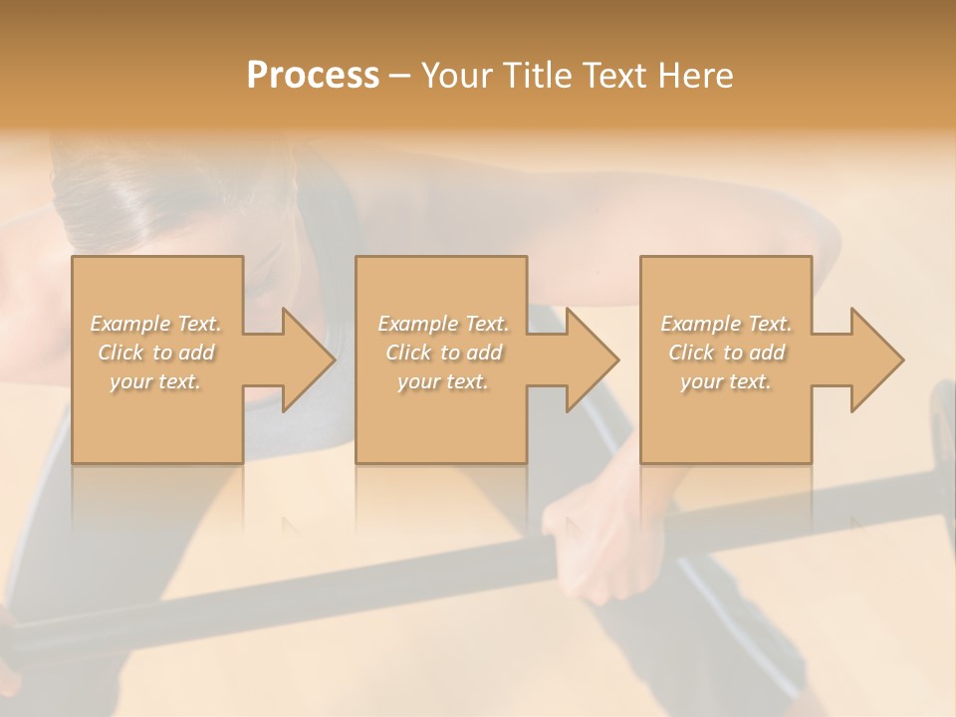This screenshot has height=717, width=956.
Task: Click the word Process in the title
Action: tap(313, 76)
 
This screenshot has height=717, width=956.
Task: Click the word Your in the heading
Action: tap(457, 76)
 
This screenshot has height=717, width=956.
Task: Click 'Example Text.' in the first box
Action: tap(156, 324)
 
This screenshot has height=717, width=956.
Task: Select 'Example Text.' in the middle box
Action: tap(443, 324)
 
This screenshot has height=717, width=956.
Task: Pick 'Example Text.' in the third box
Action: tap(726, 324)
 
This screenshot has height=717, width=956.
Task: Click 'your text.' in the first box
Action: tap(156, 381)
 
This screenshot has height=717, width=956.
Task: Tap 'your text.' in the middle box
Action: tap(443, 381)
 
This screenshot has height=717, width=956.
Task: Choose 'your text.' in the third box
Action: tap(726, 381)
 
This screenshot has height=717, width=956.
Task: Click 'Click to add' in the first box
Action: tap(156, 353)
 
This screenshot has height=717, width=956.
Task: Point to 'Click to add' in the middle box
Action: tap(443, 353)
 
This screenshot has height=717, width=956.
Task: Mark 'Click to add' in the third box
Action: tap(726, 353)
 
